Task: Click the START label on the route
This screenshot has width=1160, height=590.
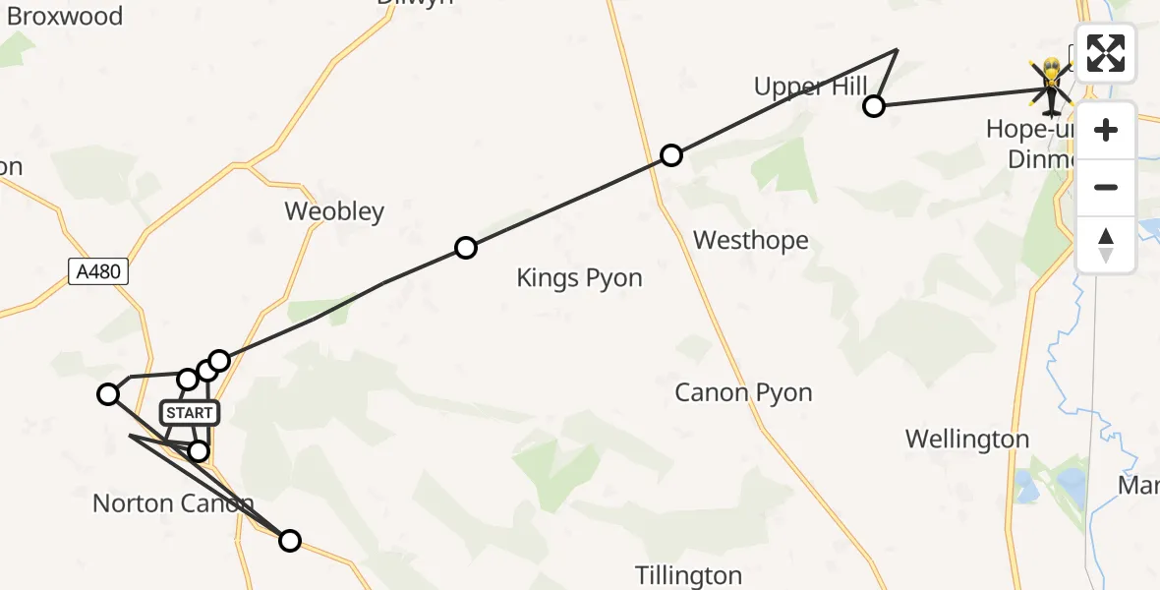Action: point(189,413)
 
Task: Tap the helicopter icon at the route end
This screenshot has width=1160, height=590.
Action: point(1052,87)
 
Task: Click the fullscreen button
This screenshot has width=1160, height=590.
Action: point(1106,53)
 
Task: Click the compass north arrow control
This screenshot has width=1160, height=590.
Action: point(1106,245)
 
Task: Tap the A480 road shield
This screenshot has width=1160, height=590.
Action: point(99,271)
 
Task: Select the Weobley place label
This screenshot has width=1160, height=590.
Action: point(334,211)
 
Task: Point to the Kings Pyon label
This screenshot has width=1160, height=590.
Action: point(579,278)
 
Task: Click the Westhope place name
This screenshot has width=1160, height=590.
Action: point(751,240)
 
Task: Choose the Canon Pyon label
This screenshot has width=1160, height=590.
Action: point(743,393)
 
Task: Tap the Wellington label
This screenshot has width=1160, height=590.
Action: point(967,439)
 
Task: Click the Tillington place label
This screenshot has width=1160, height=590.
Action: point(688,574)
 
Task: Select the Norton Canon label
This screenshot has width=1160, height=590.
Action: point(173,504)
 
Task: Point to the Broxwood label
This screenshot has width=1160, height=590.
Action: point(64,17)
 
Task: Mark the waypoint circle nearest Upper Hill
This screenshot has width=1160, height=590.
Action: point(873,106)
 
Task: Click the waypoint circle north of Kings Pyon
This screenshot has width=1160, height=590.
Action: point(466,248)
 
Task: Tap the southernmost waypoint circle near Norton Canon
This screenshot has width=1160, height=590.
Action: point(290,541)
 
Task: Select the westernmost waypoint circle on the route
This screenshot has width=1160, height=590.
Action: point(108,394)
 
